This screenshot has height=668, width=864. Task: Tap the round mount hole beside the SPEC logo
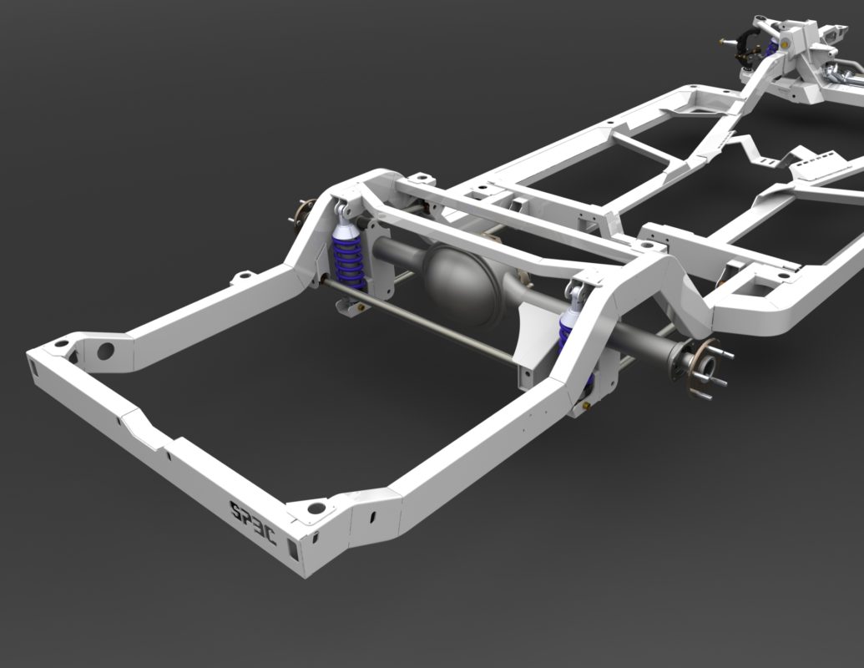(316, 508)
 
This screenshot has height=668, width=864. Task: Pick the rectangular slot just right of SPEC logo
(291, 549)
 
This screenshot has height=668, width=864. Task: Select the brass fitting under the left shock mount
(361, 306)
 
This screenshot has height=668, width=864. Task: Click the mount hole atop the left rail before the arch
(244, 275)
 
